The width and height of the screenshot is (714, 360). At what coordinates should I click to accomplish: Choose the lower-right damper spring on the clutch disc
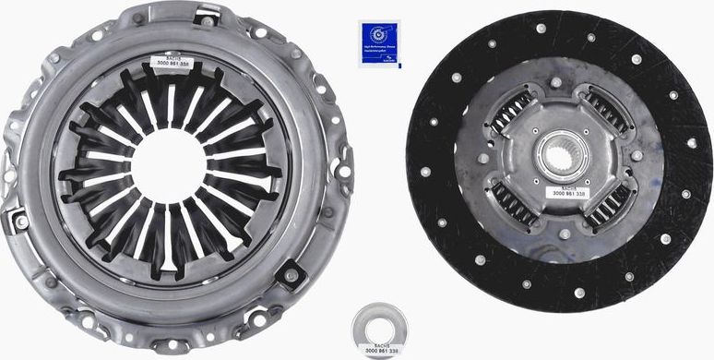coord(610,203)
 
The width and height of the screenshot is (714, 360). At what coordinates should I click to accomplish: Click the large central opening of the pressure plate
coord(169,166)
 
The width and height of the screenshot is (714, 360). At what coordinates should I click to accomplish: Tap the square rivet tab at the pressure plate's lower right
coord(292,273)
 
